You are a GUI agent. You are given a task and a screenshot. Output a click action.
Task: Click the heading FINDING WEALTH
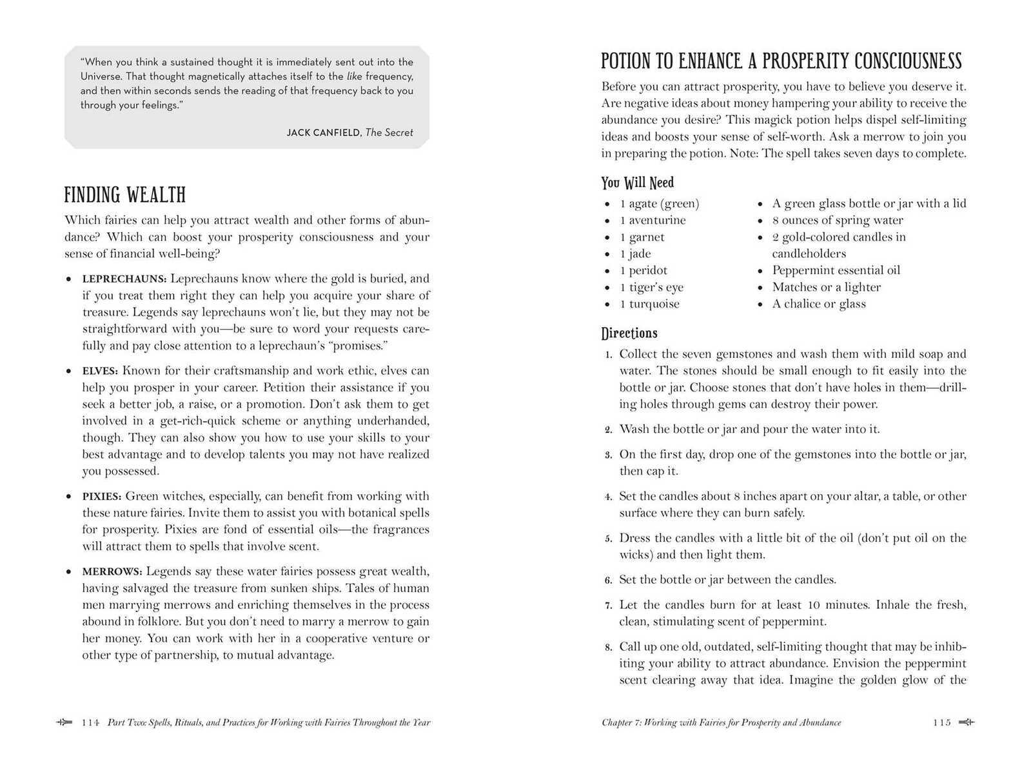[x=124, y=195]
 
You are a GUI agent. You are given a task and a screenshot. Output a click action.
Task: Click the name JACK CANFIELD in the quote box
[x=324, y=133]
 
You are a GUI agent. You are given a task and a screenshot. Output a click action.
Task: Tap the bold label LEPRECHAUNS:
[x=124, y=279]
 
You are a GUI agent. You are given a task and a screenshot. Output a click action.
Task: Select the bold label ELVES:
[x=100, y=371]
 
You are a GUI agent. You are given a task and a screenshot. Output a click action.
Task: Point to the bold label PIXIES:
[x=102, y=497]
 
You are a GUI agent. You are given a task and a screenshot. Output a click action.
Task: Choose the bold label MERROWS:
[x=112, y=571]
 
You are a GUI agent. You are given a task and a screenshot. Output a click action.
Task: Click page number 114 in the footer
[x=90, y=722]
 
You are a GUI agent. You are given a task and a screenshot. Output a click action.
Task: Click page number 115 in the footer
[x=941, y=722]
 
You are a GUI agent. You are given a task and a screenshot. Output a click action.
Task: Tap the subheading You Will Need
[x=637, y=183]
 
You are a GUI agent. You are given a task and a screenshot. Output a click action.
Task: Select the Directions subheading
[x=629, y=333]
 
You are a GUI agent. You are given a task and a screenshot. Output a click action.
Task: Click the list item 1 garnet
[x=642, y=237]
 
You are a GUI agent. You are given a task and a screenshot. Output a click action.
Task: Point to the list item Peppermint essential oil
[x=836, y=270]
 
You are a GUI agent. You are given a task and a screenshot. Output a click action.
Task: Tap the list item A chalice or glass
[x=819, y=304]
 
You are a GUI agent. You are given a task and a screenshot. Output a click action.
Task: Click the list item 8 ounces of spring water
[x=837, y=220]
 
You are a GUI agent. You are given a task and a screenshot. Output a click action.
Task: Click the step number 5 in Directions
[x=608, y=539]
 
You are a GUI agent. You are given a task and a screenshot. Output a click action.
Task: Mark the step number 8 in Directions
[x=608, y=647]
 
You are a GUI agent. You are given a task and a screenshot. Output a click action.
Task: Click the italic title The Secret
[x=389, y=133]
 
